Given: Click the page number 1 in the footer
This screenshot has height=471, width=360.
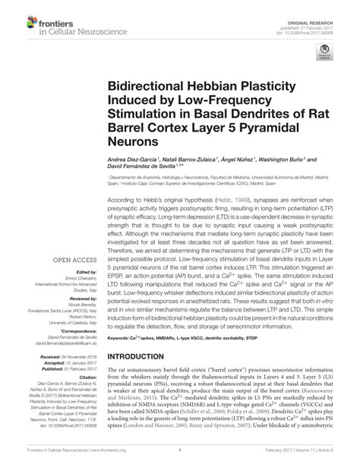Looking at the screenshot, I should pos(179,460).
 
